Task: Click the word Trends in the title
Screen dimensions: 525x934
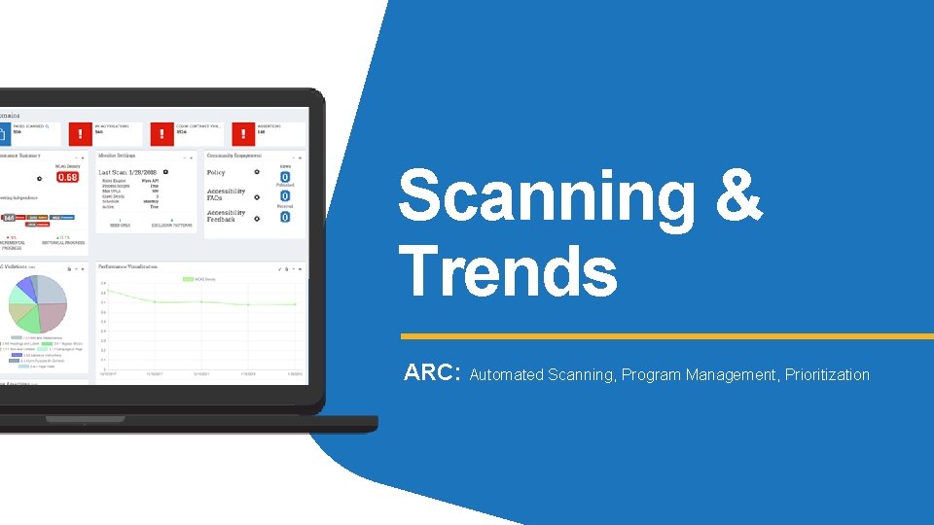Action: point(508,271)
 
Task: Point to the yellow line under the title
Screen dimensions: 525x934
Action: point(666,336)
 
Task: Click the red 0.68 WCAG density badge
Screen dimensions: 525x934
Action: point(68,177)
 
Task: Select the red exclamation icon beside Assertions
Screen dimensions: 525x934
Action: point(239,132)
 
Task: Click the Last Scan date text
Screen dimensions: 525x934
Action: point(130,172)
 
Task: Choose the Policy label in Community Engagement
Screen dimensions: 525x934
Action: point(216,173)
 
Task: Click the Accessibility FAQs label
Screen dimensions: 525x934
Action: point(226,194)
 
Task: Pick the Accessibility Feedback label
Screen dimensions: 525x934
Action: point(226,216)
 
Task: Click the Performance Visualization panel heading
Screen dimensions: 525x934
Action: point(129,265)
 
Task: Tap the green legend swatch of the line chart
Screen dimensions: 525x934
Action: point(190,279)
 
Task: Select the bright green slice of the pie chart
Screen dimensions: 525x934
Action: point(28,318)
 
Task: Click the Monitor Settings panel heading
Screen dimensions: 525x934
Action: point(117,156)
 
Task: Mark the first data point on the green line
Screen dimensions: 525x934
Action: point(108,291)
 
